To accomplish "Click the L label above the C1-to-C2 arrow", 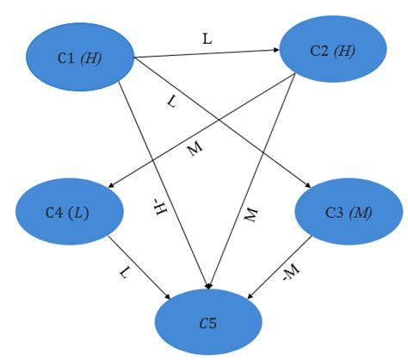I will click(x=207, y=39).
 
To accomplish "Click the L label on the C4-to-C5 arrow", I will click(x=126, y=273).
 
